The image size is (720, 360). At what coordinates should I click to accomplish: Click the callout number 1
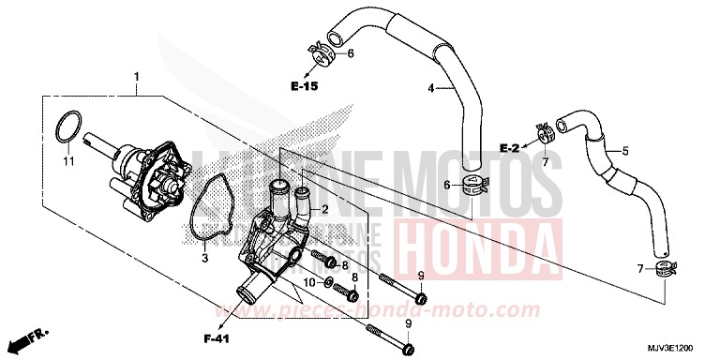point(136,75)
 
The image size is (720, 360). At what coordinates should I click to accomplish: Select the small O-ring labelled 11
point(67,127)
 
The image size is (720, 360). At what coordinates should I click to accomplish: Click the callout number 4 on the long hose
point(432,89)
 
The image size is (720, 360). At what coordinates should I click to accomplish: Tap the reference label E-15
point(305,86)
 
